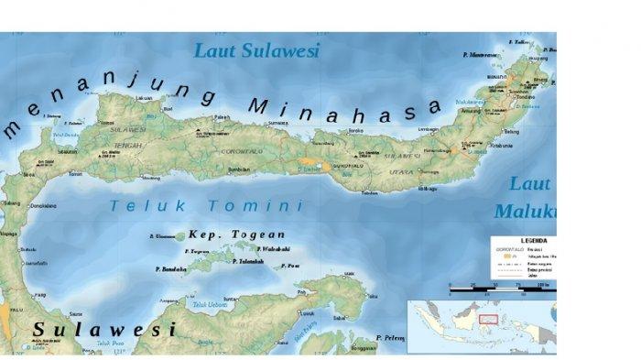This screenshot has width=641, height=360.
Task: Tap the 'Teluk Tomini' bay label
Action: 205,206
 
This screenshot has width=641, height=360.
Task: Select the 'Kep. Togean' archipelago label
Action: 236,235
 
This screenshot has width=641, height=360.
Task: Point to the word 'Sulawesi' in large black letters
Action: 103,328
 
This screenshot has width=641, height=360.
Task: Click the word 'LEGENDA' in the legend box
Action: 535,240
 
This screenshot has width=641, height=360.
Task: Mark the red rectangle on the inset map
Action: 488,320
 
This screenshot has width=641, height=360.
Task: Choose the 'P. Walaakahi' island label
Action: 273,248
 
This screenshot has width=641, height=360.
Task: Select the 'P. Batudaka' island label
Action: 172,269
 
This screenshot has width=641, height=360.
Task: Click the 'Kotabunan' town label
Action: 503,145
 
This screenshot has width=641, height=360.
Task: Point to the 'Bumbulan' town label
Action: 238,169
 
